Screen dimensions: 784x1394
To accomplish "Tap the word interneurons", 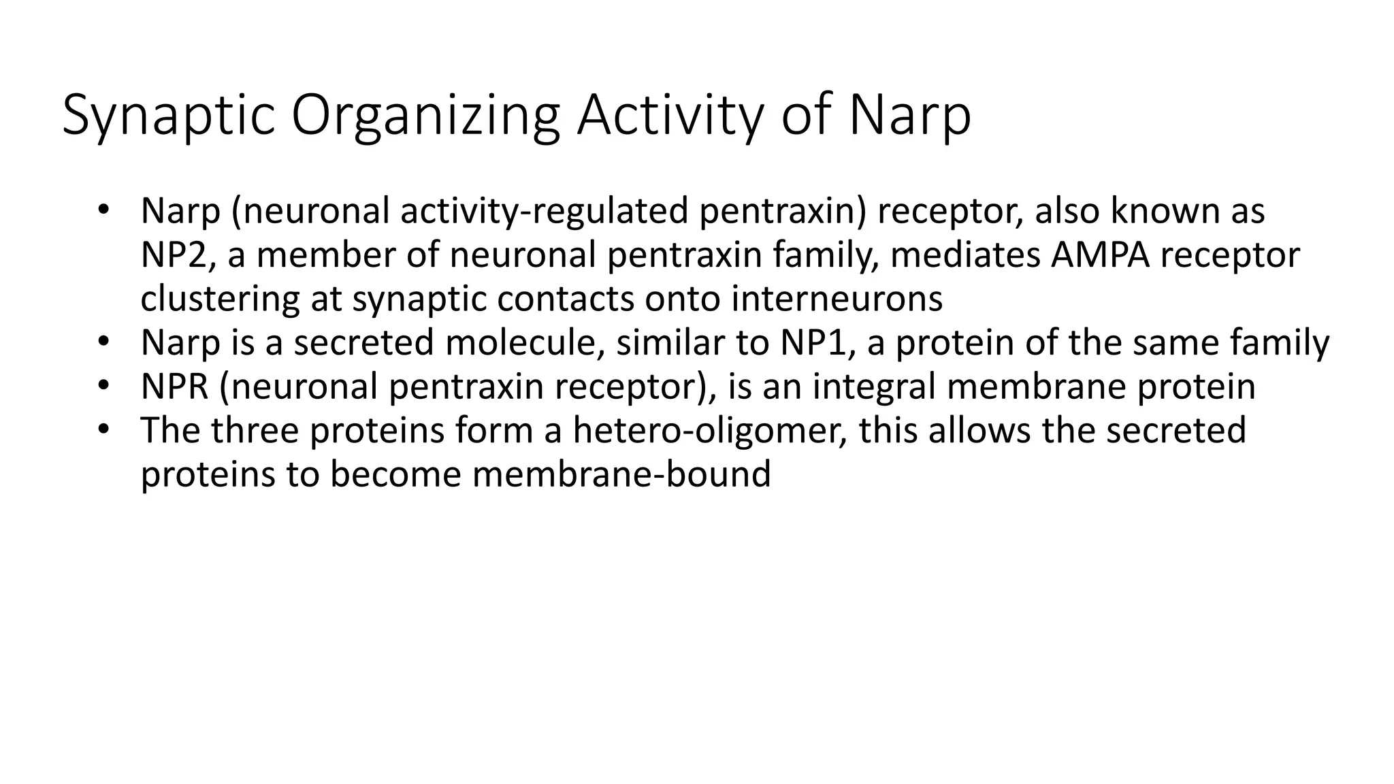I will tap(837, 299).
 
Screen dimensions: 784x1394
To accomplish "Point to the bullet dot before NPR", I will tap(103, 385).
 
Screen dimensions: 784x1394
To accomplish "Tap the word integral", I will tap(873, 387).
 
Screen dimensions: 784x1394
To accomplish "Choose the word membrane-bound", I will tap(621, 474).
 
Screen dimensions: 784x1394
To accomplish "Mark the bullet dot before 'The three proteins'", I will tap(103, 429).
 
